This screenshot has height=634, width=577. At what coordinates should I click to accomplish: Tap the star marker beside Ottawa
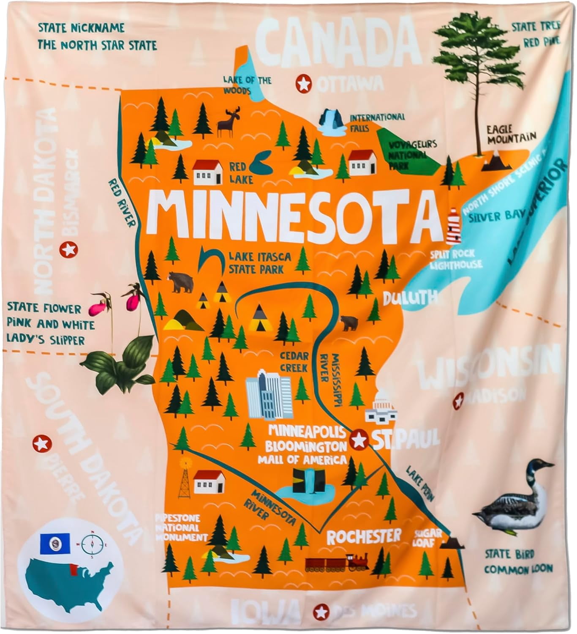303,84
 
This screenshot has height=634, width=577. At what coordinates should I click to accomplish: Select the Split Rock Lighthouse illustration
453,226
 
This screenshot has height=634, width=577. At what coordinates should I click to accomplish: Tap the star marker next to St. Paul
359,440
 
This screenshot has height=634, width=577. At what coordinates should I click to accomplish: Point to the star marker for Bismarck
68,250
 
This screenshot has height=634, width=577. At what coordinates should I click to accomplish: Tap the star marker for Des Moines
321,612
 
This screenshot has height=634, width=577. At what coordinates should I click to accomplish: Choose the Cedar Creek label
294,362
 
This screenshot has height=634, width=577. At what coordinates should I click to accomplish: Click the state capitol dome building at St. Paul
381,408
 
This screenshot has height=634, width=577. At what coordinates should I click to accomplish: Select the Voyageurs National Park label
406,155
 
